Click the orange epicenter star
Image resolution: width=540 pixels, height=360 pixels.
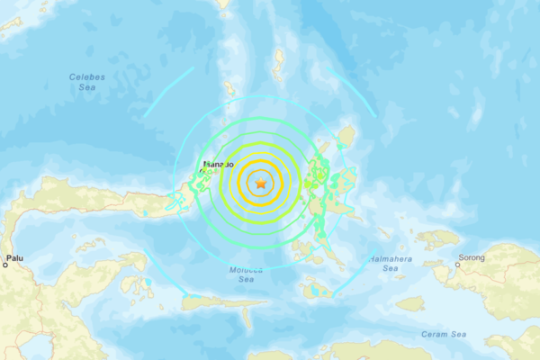tap(261, 184)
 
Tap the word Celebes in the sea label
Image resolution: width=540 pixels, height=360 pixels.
tap(86, 76)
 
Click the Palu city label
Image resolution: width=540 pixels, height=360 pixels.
tap(14, 258)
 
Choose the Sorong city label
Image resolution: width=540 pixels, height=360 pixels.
tap(470, 258)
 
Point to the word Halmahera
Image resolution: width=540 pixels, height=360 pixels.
tap(389, 258)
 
